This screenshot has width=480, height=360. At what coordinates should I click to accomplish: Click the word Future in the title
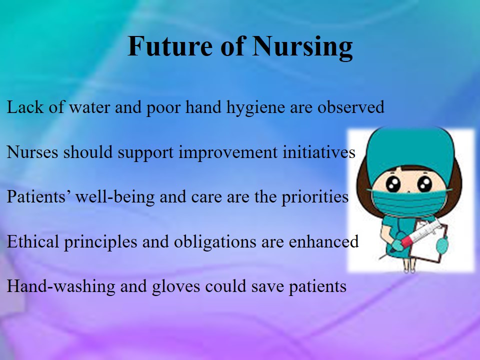tap(170, 46)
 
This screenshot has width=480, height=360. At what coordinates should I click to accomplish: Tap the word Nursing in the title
tap(302, 47)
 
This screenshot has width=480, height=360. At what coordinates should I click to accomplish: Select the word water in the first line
tap(89, 107)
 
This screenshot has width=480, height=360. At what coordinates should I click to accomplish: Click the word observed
tap(351, 107)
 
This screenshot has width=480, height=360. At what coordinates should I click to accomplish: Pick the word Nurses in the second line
tap(32, 152)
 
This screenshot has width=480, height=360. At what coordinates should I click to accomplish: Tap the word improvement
tap(228, 153)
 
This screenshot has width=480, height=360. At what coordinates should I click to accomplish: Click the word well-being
tap(115, 197)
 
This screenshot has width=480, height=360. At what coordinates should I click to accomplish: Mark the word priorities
tap(315, 197)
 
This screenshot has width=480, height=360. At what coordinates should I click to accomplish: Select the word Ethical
tap(33, 241)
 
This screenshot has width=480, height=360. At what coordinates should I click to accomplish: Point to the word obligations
tap(215, 242)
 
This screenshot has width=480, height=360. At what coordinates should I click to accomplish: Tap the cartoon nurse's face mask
tap(408, 202)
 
